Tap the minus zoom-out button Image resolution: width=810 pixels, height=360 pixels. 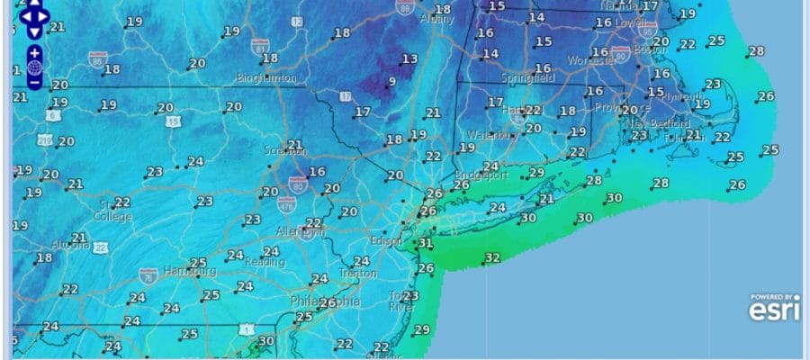point(34,83)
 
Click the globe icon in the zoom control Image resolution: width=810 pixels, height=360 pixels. point(34,67)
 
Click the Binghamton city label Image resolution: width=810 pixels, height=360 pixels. point(266,78)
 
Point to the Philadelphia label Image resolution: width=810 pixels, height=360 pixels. point(325,301)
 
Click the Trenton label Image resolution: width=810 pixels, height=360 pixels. point(358,273)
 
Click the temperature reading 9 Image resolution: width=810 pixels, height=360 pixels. point(391,82)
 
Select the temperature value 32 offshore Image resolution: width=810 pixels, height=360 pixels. point(492,258)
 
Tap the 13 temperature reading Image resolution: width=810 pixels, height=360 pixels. point(409,59)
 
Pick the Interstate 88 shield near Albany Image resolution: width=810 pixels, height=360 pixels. point(405,7)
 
